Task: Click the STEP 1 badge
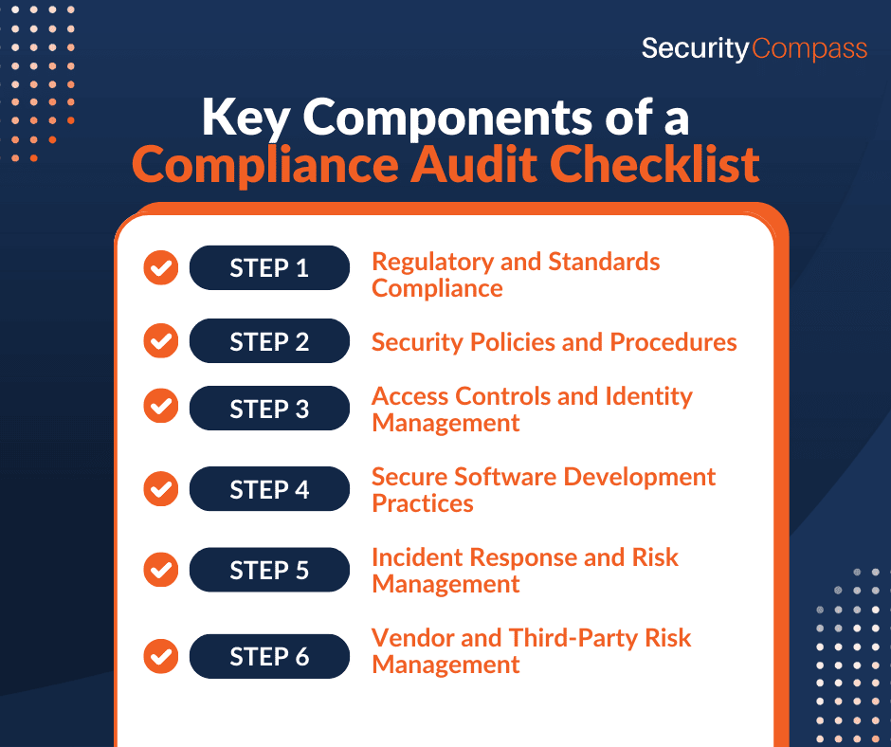point(269,267)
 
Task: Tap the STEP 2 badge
point(269,341)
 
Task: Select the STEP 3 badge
point(269,409)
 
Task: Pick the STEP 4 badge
point(269,489)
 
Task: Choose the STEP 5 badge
point(269,570)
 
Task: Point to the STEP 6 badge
point(269,656)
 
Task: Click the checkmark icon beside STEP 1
point(161,267)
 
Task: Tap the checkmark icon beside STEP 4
point(161,489)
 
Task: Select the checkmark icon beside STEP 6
point(161,656)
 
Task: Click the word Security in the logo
point(696,49)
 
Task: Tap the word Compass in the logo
point(809,49)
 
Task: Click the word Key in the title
point(246,118)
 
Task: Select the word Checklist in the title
point(654,164)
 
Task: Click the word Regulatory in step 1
point(432,263)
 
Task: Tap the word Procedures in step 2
point(673,342)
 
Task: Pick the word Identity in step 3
point(649,397)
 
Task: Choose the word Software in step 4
point(505,477)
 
